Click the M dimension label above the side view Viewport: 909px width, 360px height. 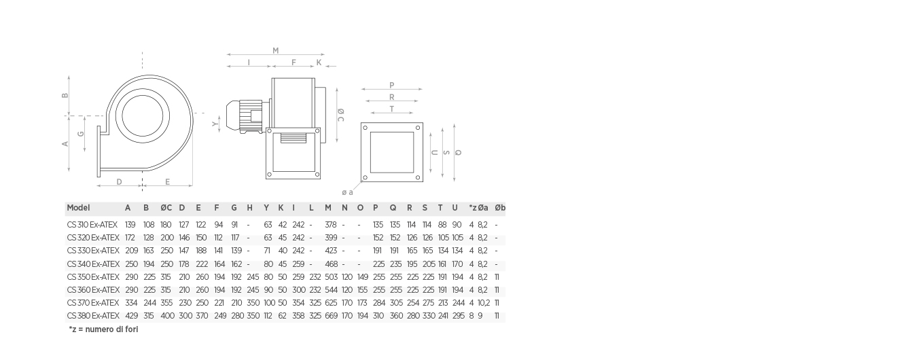(x=276, y=51)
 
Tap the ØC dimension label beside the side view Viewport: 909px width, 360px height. (x=341, y=115)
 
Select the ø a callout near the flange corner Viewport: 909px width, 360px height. (x=347, y=192)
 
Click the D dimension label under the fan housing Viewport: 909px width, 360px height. (x=119, y=182)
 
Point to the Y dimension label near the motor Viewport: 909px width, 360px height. (x=215, y=124)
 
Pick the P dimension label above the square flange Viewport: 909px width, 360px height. (x=391, y=85)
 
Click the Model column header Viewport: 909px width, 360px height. (x=78, y=208)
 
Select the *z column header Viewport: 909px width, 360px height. (x=473, y=208)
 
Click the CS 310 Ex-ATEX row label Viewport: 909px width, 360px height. (x=92, y=225)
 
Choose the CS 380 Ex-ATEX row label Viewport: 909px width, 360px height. (x=93, y=316)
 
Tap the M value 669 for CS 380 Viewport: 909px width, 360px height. (x=331, y=316)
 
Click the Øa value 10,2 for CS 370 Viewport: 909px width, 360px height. (x=483, y=303)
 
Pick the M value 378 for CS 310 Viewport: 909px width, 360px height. (x=330, y=225)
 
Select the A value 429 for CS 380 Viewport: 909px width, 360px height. (x=132, y=316)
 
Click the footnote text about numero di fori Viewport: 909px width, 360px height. (x=103, y=329)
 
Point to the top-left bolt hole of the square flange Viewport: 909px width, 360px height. (x=366, y=128)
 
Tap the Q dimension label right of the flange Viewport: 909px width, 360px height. (x=458, y=153)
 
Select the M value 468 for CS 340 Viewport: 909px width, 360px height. (x=331, y=264)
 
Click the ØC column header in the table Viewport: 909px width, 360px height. (x=166, y=208)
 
